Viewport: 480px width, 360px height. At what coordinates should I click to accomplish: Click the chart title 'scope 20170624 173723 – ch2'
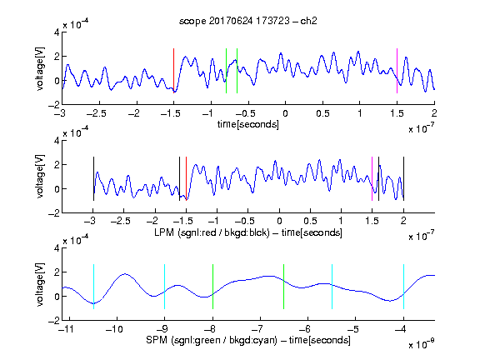click(x=248, y=21)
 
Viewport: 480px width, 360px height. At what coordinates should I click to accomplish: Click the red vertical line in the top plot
click(x=173, y=71)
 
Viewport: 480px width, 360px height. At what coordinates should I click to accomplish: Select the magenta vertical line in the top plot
click(x=397, y=71)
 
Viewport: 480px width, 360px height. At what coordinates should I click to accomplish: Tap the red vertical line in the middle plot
click(x=186, y=179)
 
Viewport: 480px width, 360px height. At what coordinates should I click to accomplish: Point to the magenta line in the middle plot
click(x=372, y=179)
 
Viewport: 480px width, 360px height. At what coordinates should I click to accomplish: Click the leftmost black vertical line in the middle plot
click(x=93, y=179)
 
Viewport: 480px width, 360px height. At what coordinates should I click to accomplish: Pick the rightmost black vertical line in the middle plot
click(x=403, y=179)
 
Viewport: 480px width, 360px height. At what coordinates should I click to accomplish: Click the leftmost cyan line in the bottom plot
click(x=93, y=287)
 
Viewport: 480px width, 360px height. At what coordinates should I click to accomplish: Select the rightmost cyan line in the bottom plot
click(x=403, y=287)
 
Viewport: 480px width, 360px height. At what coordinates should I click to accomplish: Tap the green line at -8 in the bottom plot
click(x=212, y=287)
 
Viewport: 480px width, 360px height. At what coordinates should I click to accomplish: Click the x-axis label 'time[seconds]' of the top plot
click(x=248, y=124)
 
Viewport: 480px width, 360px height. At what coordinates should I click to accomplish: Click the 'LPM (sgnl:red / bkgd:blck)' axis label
click(x=212, y=232)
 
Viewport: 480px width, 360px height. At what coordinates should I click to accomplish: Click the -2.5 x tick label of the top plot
click(x=97, y=113)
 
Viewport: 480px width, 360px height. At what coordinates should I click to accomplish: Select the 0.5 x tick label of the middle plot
click(x=310, y=221)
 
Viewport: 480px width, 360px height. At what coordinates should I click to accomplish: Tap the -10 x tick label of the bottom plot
click(x=114, y=329)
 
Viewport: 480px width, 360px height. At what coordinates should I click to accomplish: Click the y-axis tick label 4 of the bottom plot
click(x=57, y=248)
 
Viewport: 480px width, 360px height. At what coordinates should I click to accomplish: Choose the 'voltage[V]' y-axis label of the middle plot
click(x=40, y=177)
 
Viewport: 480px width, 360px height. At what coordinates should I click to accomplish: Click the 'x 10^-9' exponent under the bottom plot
click(x=421, y=345)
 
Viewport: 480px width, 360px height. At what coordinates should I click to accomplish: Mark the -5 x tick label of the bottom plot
click(x=353, y=329)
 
